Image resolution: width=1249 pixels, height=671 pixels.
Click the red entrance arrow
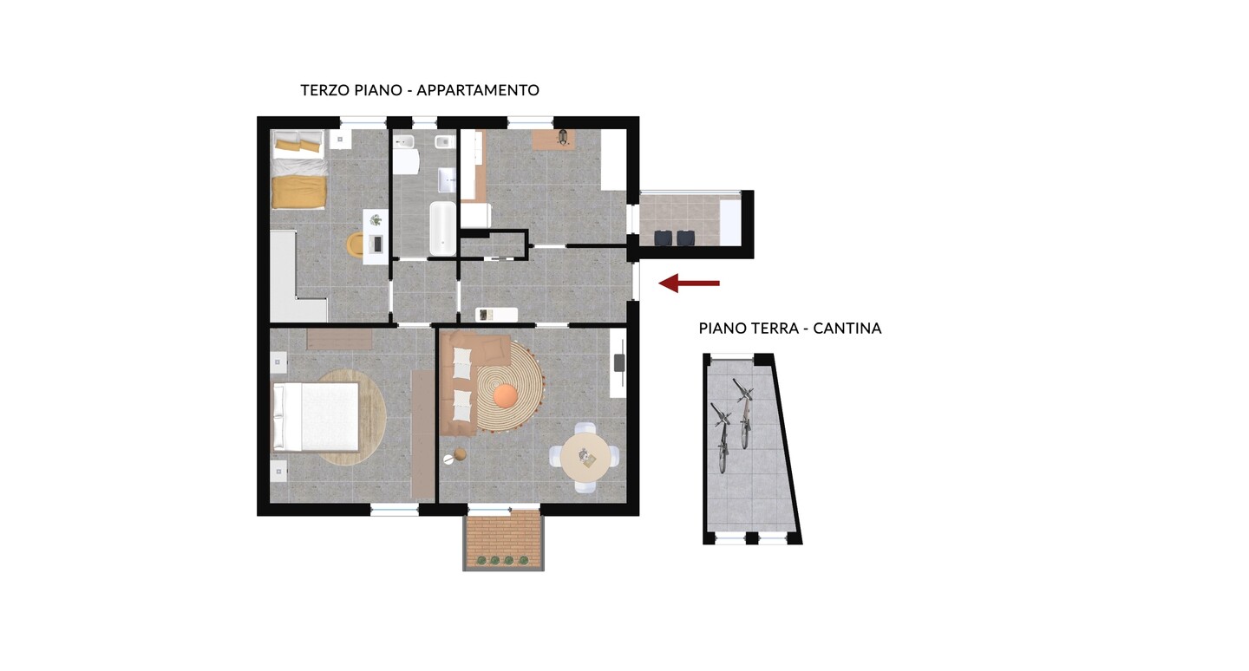690,283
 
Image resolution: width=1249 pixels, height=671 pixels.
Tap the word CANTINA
847,329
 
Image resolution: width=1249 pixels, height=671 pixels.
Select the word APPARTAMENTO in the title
478,90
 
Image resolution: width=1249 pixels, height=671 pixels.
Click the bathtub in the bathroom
442,229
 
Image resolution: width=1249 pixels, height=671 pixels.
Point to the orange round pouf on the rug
506,396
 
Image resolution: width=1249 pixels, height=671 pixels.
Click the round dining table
586,458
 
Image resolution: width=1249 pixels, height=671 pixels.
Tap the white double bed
315,417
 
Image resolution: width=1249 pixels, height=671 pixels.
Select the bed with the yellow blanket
298,169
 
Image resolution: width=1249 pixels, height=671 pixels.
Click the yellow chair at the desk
356,244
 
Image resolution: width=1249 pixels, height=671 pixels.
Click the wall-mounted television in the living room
619,362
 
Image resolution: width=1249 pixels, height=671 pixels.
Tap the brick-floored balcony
503,539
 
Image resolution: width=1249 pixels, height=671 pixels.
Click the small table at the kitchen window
553,140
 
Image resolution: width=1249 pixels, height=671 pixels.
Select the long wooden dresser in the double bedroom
422,434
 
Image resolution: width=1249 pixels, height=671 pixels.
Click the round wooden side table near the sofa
460,455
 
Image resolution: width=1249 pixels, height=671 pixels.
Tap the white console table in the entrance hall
496,315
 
